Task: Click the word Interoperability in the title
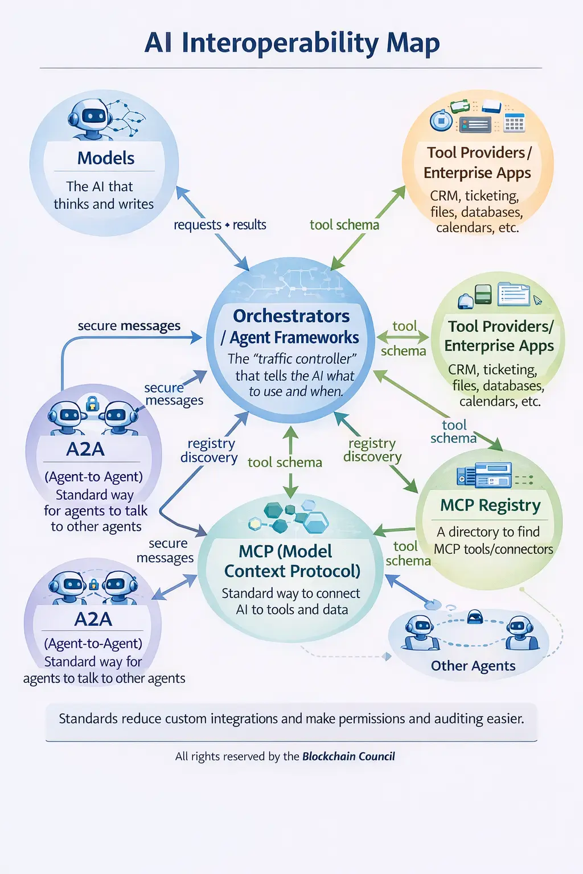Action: point(279,43)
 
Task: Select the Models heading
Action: point(106,158)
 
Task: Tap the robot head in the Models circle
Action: point(91,117)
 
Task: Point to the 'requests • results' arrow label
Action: point(220,225)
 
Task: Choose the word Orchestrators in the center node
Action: point(291,316)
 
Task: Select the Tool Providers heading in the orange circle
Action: point(478,152)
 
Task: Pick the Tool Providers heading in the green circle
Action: point(500,326)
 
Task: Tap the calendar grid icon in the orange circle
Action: point(514,122)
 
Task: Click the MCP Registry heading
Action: point(490,505)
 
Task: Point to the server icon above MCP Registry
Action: point(484,475)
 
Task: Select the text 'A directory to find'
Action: point(488,531)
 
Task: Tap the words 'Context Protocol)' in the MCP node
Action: point(292,571)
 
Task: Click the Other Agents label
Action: point(473,666)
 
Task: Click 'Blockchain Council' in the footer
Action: point(348,756)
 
